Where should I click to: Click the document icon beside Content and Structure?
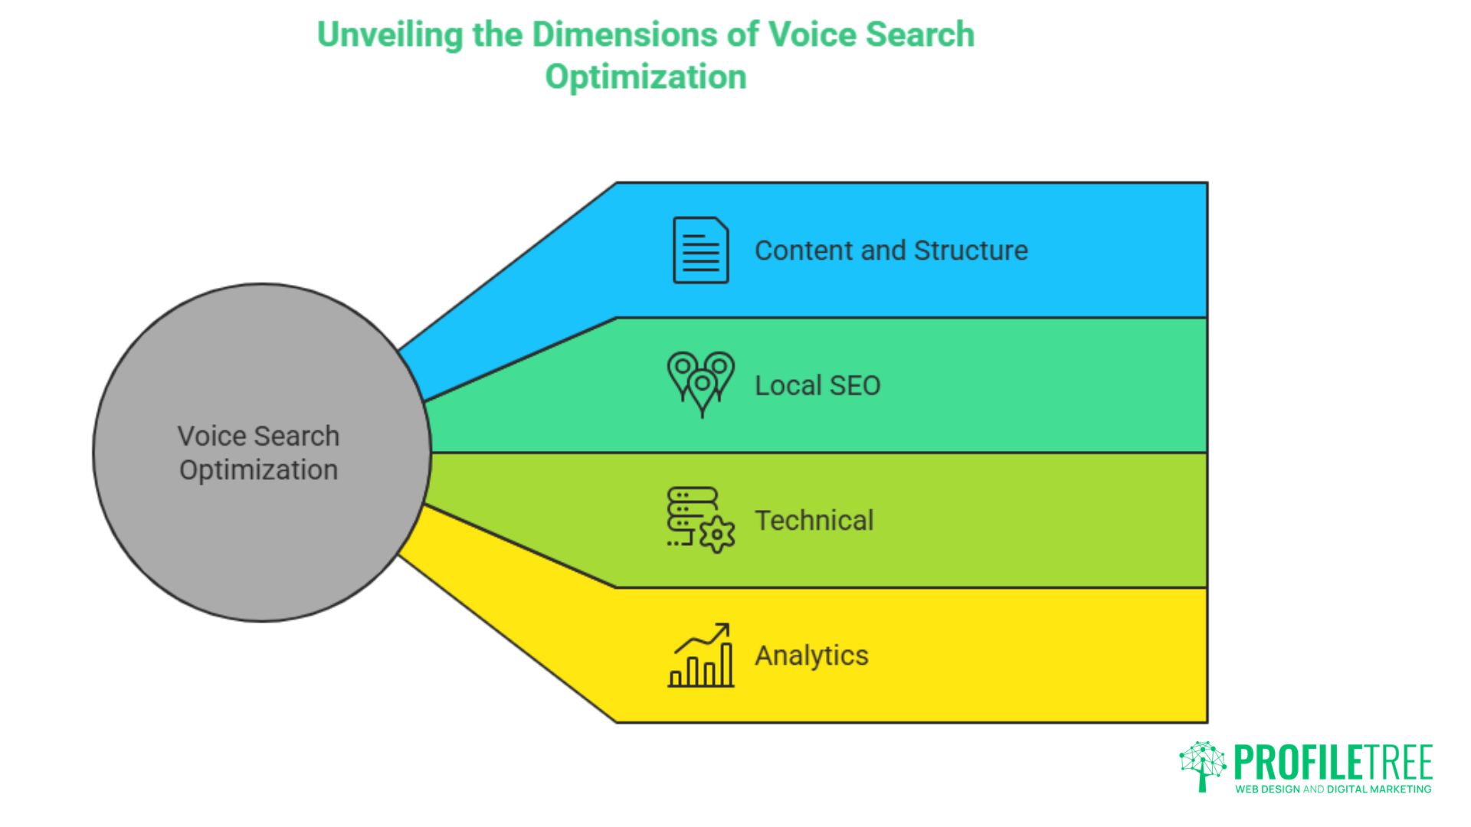coord(700,250)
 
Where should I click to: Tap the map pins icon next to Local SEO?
coord(700,384)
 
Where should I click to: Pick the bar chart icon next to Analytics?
coord(700,655)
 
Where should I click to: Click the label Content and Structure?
coord(891,250)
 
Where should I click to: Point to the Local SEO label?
coord(817,385)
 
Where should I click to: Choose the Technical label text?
coord(814,521)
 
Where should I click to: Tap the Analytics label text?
coord(811,655)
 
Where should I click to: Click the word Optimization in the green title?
coord(645,77)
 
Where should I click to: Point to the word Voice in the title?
coord(811,35)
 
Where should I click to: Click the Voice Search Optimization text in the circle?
coord(258,453)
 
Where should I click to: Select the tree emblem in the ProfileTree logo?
coord(1202,765)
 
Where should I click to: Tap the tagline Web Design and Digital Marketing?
coord(1333,789)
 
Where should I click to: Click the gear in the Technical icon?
coord(717,534)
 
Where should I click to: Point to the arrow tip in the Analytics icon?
coord(725,627)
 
